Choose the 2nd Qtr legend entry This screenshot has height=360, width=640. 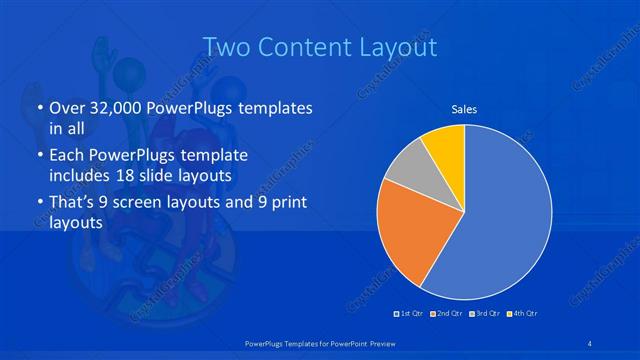point(447,314)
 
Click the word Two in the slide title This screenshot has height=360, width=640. point(226,46)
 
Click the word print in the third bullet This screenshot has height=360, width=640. point(283,204)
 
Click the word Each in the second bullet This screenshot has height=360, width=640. point(68,156)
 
